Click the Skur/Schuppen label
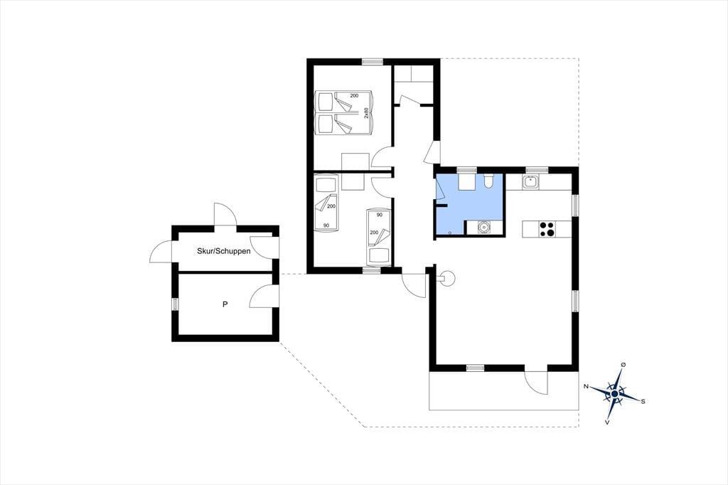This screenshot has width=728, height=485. (x=224, y=251)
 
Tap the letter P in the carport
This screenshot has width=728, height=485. (x=225, y=305)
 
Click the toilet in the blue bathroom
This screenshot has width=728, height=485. (x=488, y=181)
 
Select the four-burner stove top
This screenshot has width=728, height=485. (x=547, y=229)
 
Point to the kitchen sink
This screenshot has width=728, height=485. (x=530, y=181)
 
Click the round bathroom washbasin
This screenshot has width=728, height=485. (x=484, y=228)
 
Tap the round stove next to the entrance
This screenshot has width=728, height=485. (x=448, y=279)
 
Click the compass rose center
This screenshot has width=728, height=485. (x=615, y=393)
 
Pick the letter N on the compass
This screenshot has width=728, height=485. (x=587, y=386)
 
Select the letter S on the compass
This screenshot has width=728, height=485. (x=643, y=402)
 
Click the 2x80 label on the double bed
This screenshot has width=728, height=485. (x=366, y=113)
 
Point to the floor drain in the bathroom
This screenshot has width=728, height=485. (x=450, y=232)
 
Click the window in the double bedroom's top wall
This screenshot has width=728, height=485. (x=373, y=61)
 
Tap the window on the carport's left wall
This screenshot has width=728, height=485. (x=175, y=304)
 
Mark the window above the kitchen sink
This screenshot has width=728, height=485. (x=537, y=170)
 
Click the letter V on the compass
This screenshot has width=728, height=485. (x=607, y=422)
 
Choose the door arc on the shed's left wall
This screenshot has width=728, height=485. (x=161, y=251)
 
